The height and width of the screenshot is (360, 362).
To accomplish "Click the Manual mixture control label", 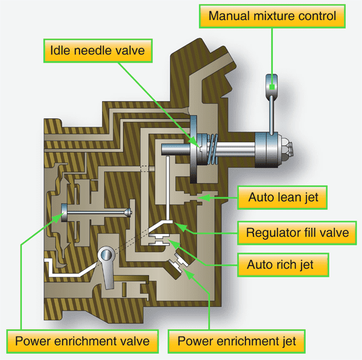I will click(272, 15).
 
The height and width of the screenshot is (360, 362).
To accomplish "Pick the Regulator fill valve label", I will click(297, 232).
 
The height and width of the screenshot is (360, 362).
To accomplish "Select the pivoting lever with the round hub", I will click(109, 266).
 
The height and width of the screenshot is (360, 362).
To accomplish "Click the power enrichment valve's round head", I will click(65, 212).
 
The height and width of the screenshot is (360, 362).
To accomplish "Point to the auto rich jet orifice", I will click(161, 241).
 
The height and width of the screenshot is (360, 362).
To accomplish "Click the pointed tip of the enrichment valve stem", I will click(127, 212).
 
